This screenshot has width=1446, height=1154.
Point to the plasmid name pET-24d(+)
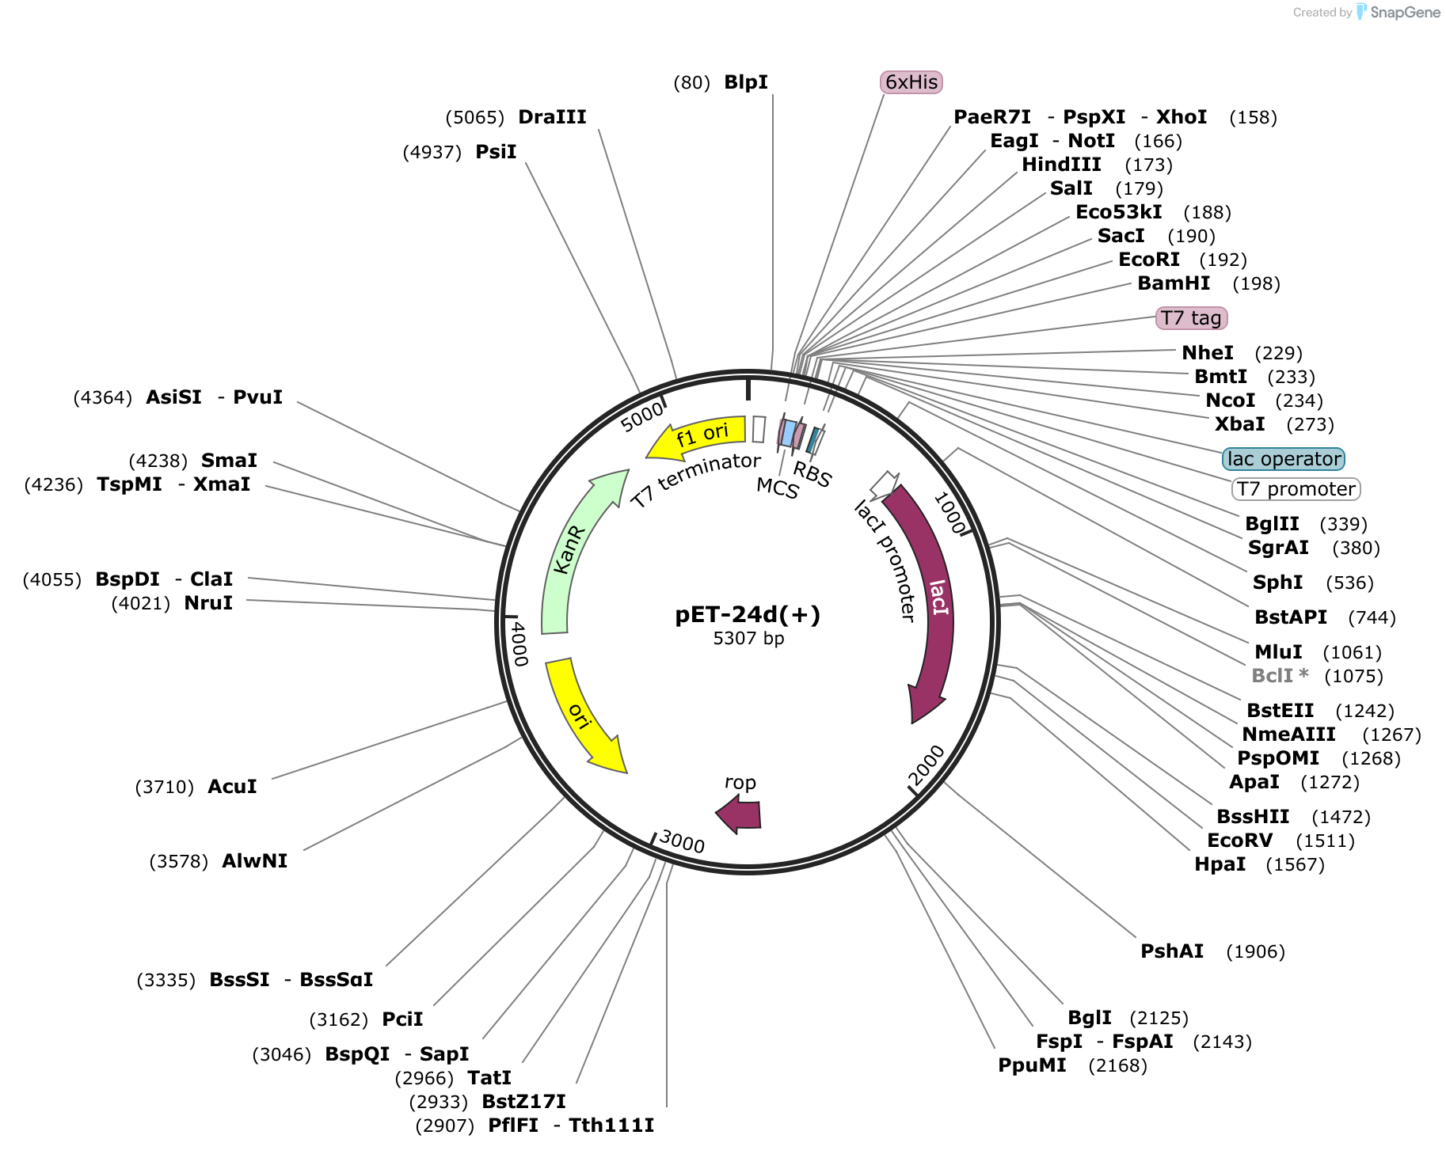[x=748, y=614]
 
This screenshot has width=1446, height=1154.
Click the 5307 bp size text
[x=748, y=638]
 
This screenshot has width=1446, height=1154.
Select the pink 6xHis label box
[x=911, y=82]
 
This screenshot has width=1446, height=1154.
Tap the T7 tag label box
[x=1191, y=318]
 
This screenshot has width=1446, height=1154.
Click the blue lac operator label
[x=1284, y=459]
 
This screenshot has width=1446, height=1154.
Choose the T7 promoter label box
[x=1296, y=489]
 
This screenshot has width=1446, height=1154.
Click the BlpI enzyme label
[x=746, y=82]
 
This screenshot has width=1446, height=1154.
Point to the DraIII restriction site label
[x=552, y=117]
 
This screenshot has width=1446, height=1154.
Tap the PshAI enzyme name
[x=1172, y=951]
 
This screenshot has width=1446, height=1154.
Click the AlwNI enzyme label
[x=254, y=861]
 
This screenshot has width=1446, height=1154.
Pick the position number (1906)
[x=1255, y=951]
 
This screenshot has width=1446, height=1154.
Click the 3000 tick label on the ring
[x=682, y=842]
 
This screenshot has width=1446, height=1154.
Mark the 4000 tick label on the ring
[x=518, y=643]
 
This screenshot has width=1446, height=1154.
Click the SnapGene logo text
[x=1405, y=12]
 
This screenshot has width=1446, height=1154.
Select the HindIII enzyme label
[x=1061, y=165]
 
